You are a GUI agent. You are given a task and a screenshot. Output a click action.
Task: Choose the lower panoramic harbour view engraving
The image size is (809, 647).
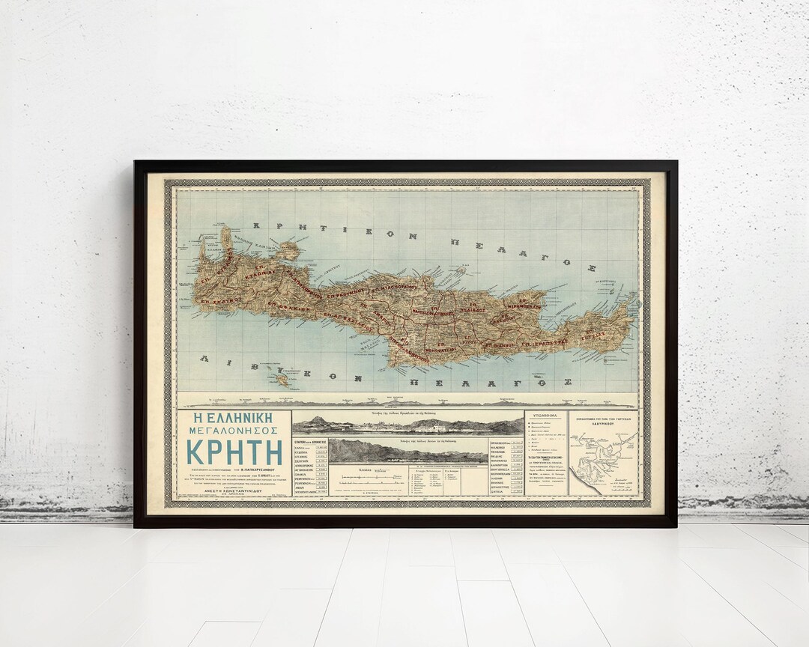407,451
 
